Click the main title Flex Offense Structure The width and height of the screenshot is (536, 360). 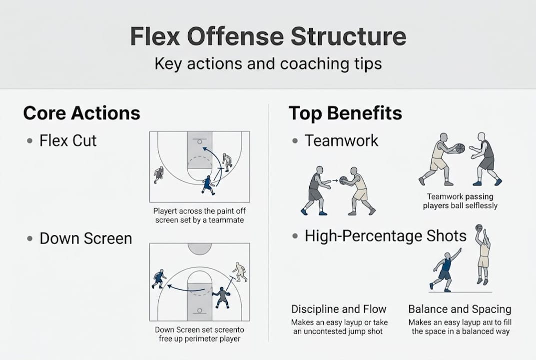tap(268, 37)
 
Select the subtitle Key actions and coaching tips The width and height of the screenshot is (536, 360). tap(268, 64)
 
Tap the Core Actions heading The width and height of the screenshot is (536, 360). tap(81, 113)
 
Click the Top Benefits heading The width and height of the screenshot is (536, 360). tap(345, 113)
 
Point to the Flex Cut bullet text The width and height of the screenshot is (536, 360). tap(68, 140)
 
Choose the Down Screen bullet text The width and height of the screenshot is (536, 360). tap(85, 238)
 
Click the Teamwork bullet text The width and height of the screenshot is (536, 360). tap(341, 140)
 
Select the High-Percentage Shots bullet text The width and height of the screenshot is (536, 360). tap(386, 235)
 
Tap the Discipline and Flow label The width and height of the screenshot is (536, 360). tap(339, 309)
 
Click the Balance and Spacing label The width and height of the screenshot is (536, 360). tap(460, 309)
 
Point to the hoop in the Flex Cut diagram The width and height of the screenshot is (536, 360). tap(199, 141)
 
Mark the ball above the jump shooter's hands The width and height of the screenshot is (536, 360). tap(479, 227)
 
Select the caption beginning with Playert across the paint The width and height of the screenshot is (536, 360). tap(199, 215)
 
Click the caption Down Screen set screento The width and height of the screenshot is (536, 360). tap(198, 334)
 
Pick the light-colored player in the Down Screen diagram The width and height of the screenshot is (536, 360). tap(240, 271)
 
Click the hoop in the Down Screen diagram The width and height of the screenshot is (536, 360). tap(199, 310)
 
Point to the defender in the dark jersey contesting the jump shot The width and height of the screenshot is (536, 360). tap(445, 270)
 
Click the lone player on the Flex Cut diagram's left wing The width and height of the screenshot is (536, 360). tap(159, 174)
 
